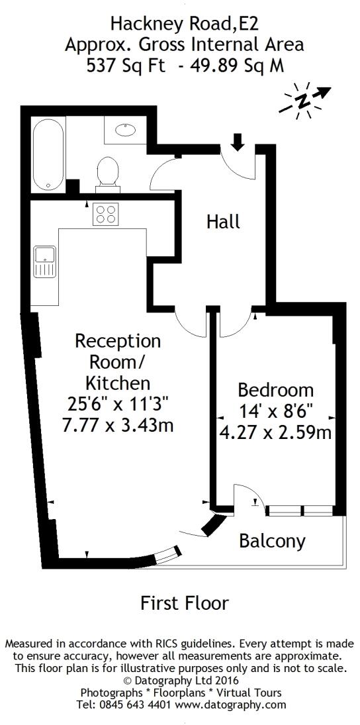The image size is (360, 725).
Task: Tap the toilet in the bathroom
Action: click(107, 170)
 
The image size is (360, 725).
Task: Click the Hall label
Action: click(223, 222)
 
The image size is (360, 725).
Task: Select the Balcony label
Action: click(272, 542)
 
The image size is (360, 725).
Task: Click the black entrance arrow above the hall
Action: click(238, 141)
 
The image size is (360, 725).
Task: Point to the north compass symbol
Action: click(302, 101)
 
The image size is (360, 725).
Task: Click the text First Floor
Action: click(185, 603)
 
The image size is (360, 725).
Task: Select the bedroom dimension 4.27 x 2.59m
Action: click(276, 433)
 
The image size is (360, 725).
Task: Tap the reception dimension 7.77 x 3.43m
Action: click(118, 425)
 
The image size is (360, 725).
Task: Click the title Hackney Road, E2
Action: click(185, 25)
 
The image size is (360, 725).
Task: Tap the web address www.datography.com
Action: click(230, 704)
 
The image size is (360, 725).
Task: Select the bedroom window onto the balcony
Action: click(298, 510)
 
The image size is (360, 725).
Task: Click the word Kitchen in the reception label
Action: click(118, 383)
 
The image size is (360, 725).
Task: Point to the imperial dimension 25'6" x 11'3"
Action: click(118, 404)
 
